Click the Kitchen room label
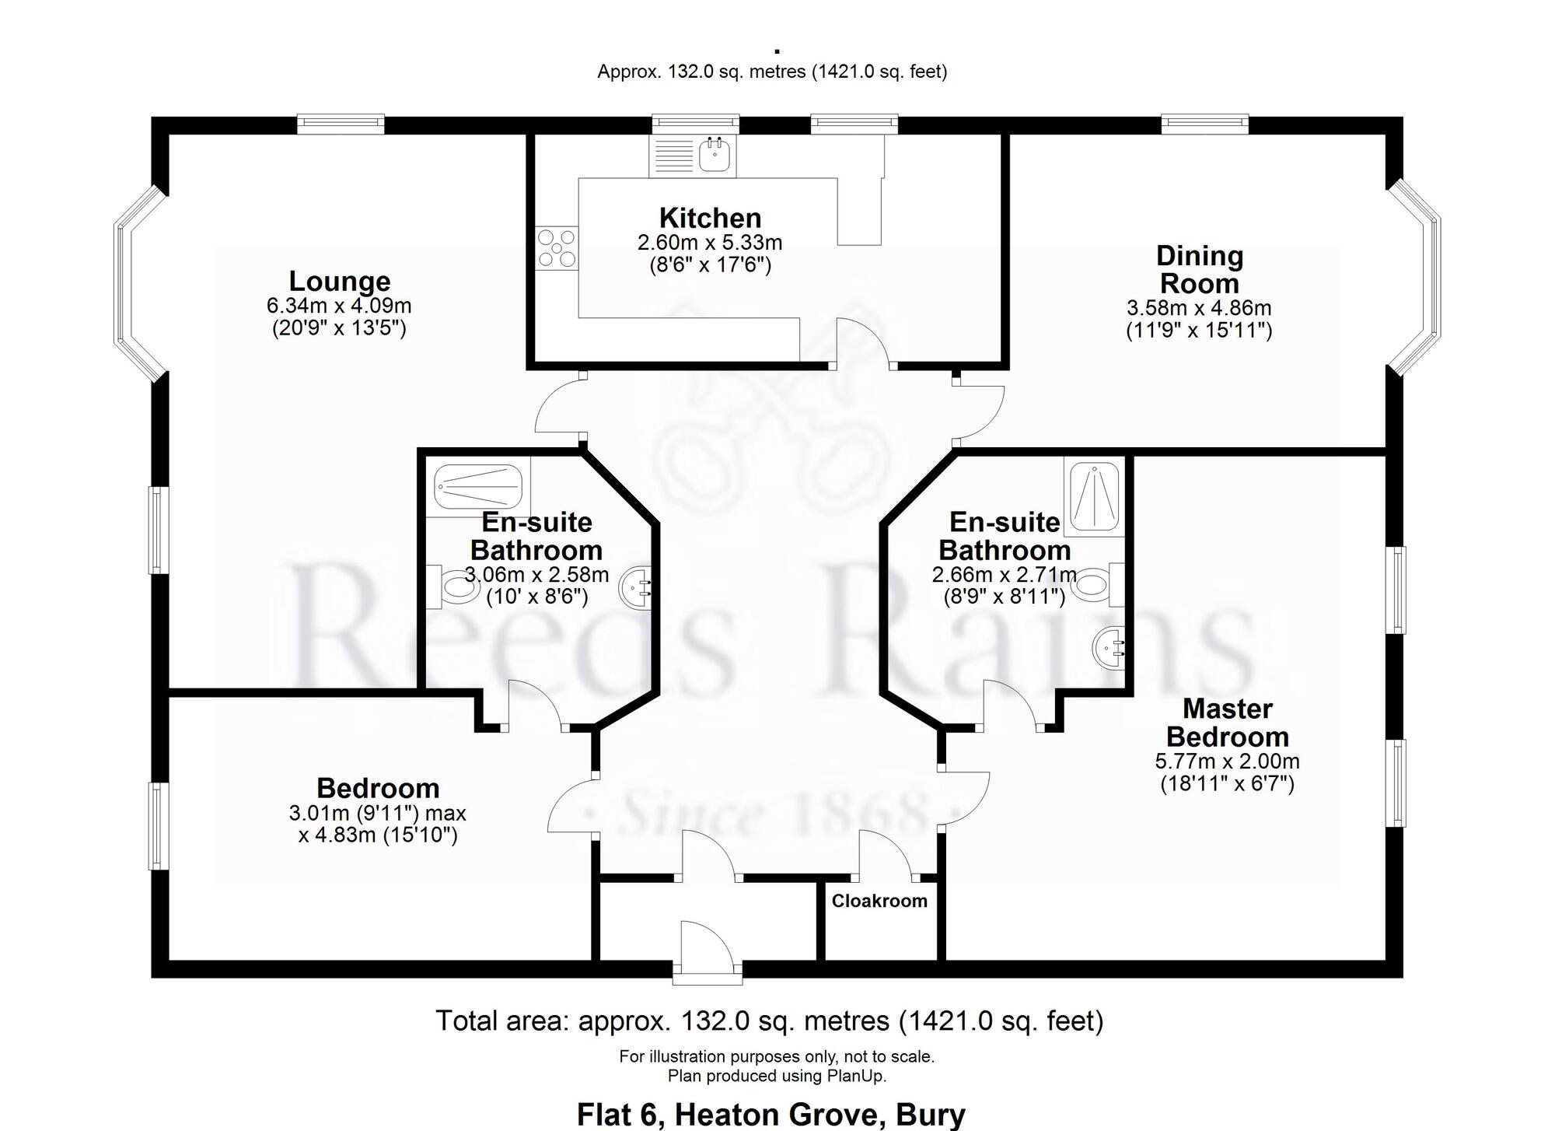pyautogui.click(x=710, y=218)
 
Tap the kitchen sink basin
pyautogui.click(x=715, y=156)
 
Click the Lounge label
pyautogui.click(x=340, y=281)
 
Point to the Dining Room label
pyautogui.click(x=1200, y=269)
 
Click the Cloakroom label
pyautogui.click(x=879, y=901)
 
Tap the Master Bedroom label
pyautogui.click(x=1228, y=723)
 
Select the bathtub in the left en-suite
pyautogui.click(x=477, y=488)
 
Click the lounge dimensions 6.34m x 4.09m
pyautogui.click(x=339, y=306)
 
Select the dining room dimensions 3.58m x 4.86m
pyautogui.click(x=1200, y=308)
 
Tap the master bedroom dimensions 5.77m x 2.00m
pyautogui.click(x=1228, y=762)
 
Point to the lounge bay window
pyautogui.click(x=141, y=285)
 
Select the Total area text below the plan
pyautogui.click(x=770, y=1021)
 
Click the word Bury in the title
pyautogui.click(x=931, y=1115)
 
